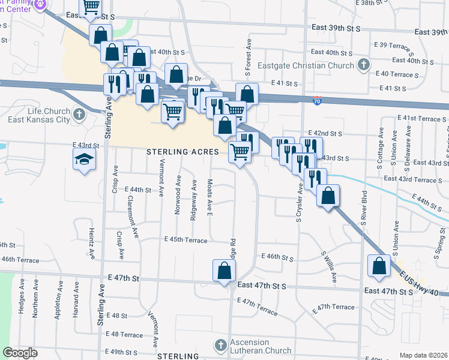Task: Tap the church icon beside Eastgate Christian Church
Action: (363, 65)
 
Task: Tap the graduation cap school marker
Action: (85, 160)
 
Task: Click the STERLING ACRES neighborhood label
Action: (182, 152)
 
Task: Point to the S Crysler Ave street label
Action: (298, 202)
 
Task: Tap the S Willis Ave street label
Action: (329, 267)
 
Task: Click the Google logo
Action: (20, 353)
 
